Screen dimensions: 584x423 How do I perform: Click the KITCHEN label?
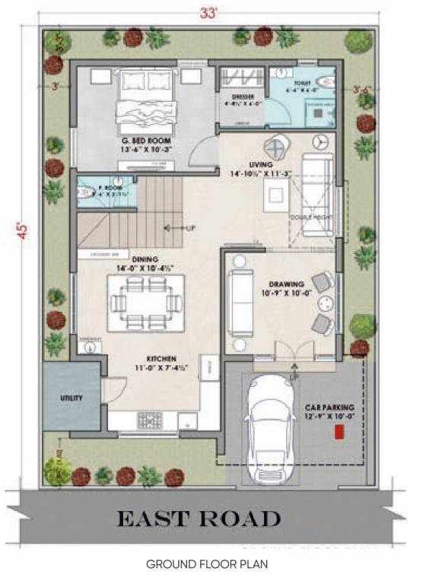(162, 357)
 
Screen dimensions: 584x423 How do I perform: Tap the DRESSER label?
(242, 97)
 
